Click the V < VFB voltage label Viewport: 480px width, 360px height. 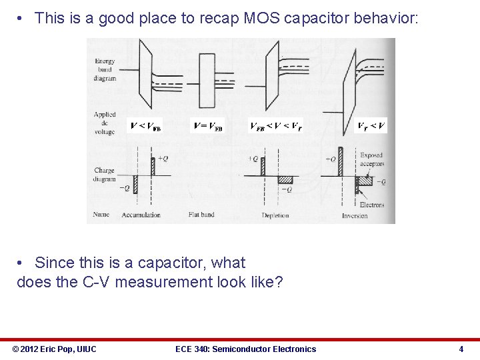click(x=145, y=125)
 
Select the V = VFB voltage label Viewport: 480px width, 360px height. click(x=208, y=125)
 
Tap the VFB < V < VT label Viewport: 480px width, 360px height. click(x=275, y=125)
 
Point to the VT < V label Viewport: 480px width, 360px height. click(x=371, y=125)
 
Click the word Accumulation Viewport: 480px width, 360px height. click(x=141, y=215)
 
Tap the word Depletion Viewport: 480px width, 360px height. click(x=275, y=215)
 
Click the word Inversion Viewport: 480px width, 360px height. click(x=355, y=216)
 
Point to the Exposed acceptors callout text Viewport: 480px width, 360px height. click(x=371, y=159)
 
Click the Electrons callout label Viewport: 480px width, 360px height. click(x=372, y=205)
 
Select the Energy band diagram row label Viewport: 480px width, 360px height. click(x=105, y=69)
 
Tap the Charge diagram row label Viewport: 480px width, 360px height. click(x=105, y=175)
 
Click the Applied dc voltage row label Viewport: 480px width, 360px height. click(x=105, y=123)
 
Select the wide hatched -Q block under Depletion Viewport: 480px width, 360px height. click(x=285, y=179)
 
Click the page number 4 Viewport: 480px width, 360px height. click(x=461, y=349)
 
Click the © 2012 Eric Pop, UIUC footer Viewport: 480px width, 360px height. click(x=54, y=349)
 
